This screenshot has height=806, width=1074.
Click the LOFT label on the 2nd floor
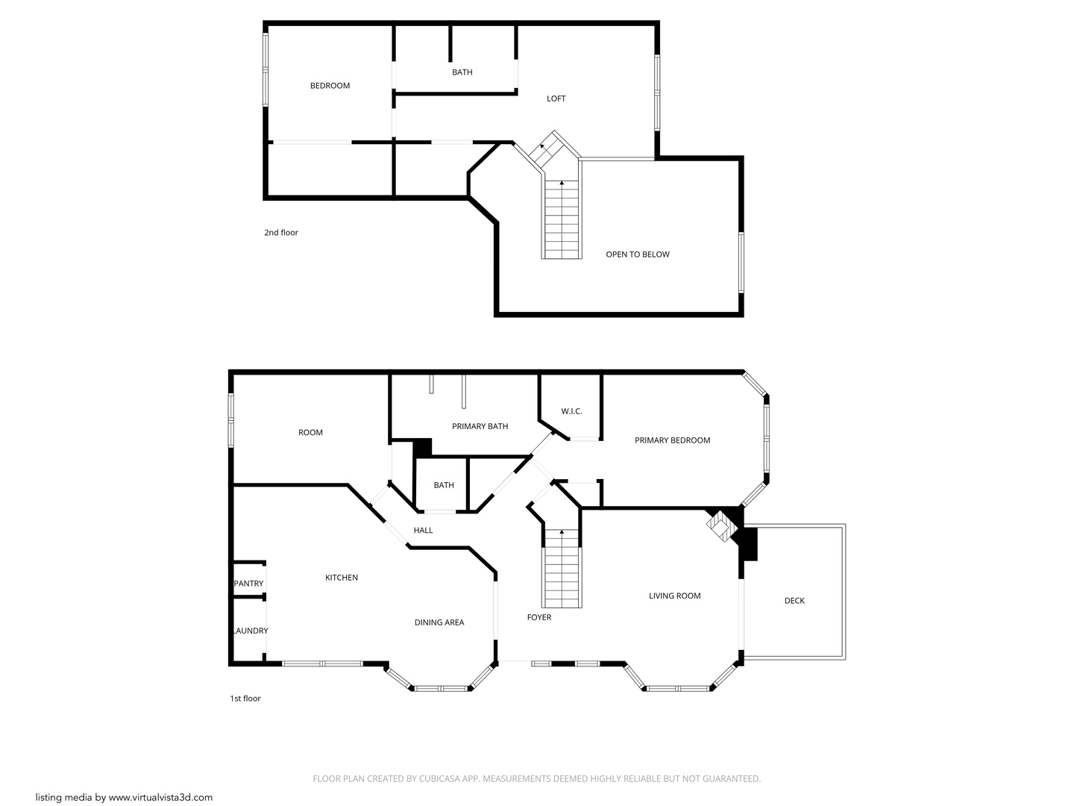pyautogui.click(x=556, y=99)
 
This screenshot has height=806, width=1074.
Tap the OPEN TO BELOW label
pyautogui.click(x=637, y=254)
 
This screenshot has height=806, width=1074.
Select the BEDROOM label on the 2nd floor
pyautogui.click(x=330, y=86)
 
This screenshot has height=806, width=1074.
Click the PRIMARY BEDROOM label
pyautogui.click(x=672, y=440)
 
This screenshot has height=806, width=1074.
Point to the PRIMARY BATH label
pyautogui.click(x=480, y=426)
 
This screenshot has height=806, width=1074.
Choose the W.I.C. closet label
pyautogui.click(x=571, y=411)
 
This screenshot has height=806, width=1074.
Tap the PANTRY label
pyautogui.click(x=248, y=584)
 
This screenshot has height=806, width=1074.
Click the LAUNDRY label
pyautogui.click(x=250, y=631)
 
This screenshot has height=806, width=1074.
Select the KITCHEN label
pyautogui.click(x=341, y=578)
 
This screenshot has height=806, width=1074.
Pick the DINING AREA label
pyautogui.click(x=439, y=622)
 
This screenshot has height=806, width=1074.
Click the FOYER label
pyautogui.click(x=538, y=617)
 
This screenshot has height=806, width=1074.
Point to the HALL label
pyautogui.click(x=423, y=531)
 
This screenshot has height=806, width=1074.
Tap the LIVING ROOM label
pyautogui.click(x=674, y=596)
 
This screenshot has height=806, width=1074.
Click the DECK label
pyautogui.click(x=794, y=601)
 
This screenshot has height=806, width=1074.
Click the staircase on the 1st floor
pyautogui.click(x=562, y=569)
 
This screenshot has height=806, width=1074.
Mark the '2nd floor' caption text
pyautogui.click(x=280, y=233)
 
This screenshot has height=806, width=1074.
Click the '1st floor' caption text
pyautogui.click(x=245, y=699)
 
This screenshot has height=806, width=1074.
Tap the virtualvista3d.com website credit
pyautogui.click(x=124, y=797)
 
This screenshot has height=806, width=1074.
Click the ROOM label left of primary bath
pyautogui.click(x=310, y=433)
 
